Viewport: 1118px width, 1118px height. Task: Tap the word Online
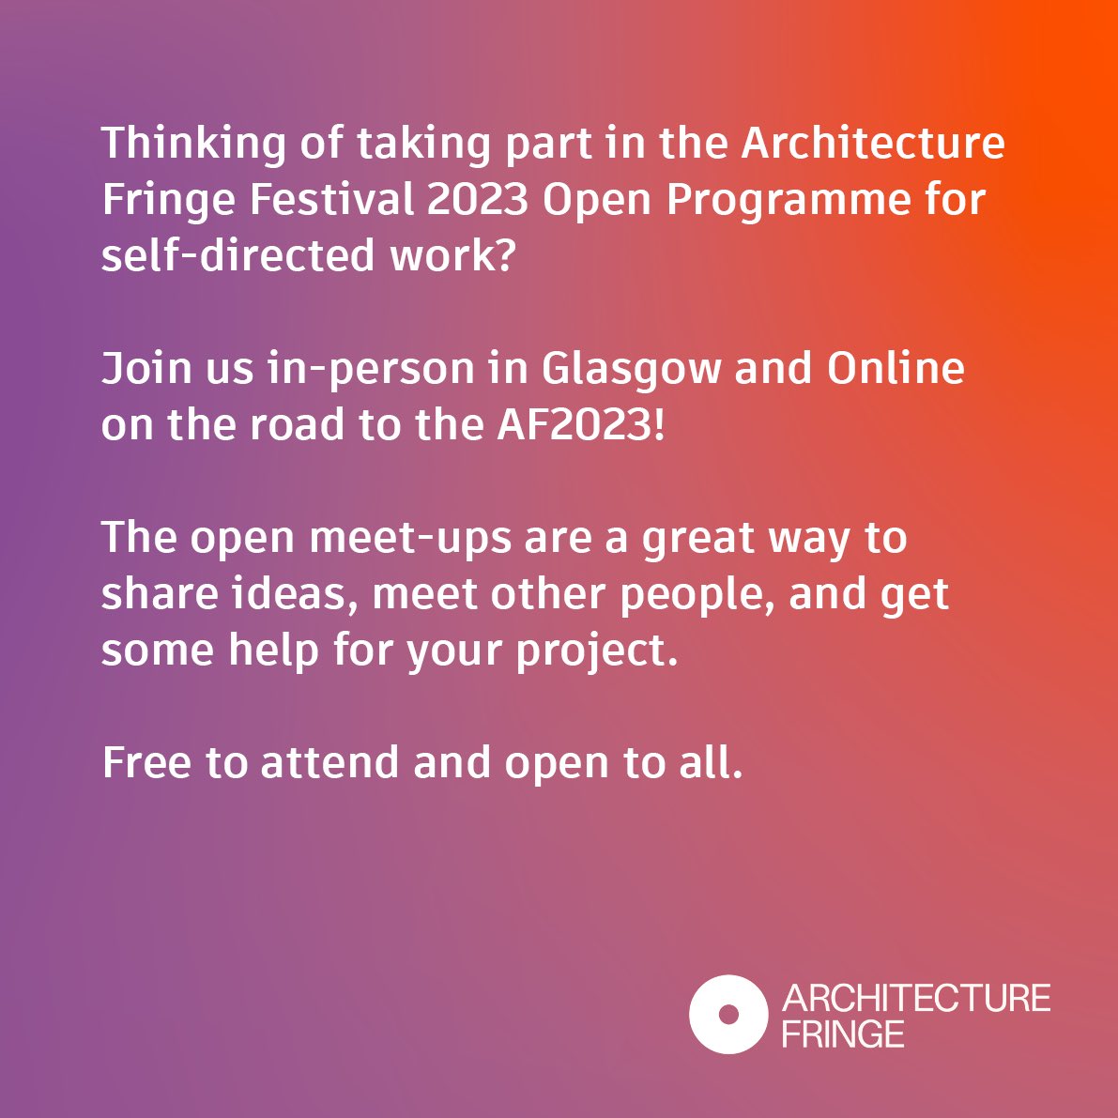click(x=896, y=369)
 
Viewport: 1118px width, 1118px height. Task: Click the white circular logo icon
click(x=727, y=1014)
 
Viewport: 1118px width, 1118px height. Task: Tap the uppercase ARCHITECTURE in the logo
click(x=915, y=998)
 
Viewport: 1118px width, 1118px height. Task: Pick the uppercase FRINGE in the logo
click(x=843, y=1034)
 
